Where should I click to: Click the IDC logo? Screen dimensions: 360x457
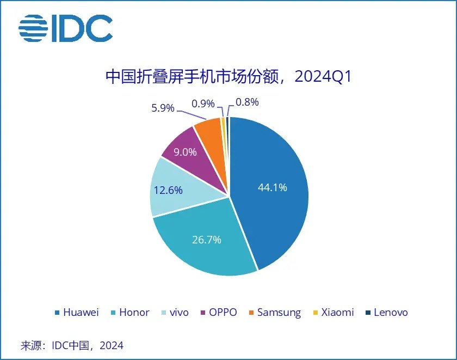pos(66,28)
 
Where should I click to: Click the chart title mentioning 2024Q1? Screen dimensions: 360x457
pos(228,77)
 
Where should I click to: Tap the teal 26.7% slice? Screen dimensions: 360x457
pos(207,245)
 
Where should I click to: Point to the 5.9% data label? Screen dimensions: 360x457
pos(163,108)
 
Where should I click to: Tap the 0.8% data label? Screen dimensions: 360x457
pos(246,102)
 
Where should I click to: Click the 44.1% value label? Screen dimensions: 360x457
pos(272,187)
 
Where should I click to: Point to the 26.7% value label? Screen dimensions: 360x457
pos(206,239)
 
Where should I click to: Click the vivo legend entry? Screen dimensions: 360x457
pos(175,312)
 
